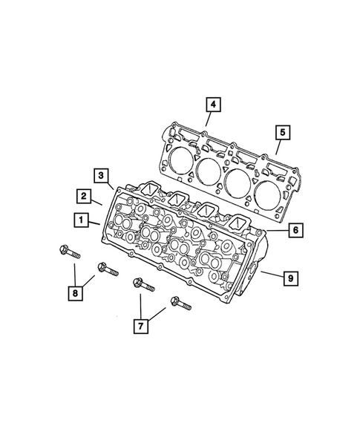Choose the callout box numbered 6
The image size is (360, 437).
point(294,231)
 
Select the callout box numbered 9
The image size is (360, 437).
point(291,278)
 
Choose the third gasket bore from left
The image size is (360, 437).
point(238,183)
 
